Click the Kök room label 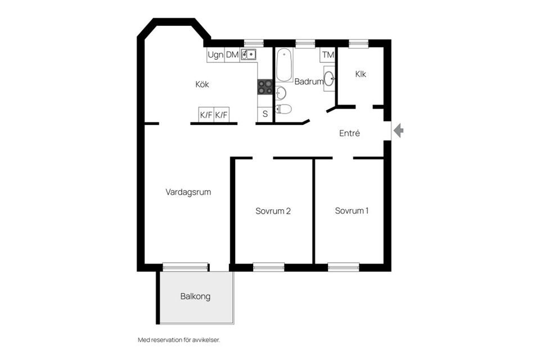click(202, 84)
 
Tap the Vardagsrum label click(188, 192)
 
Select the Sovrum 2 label click(273, 211)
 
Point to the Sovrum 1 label click(352, 211)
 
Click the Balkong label click(195, 296)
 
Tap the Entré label click(349, 134)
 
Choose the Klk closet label click(361, 74)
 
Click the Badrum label click(308, 82)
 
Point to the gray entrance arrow click(398, 131)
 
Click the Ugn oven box click(215, 55)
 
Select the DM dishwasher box click(232, 55)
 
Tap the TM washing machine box click(327, 55)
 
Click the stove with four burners click(265, 87)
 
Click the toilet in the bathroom click(283, 109)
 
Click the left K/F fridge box click(206, 115)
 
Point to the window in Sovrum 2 click(268, 267)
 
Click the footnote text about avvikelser click(178, 340)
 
